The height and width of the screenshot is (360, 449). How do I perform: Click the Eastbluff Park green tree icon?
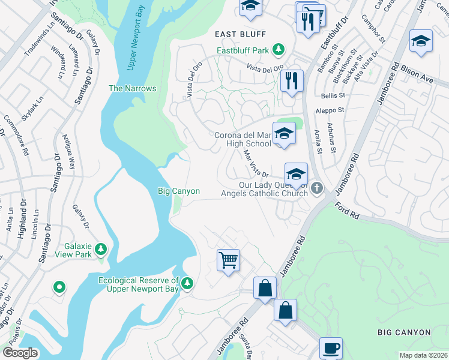(278, 48)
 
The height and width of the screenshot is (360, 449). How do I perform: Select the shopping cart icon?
(228, 260)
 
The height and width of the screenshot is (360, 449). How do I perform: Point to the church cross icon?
(317, 188)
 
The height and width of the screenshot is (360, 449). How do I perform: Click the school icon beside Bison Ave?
(421, 41)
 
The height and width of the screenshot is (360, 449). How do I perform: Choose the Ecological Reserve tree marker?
(187, 283)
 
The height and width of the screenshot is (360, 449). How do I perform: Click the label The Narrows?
(132, 88)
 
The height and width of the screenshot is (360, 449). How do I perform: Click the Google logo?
(20, 353)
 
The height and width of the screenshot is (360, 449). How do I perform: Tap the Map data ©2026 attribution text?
(423, 355)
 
